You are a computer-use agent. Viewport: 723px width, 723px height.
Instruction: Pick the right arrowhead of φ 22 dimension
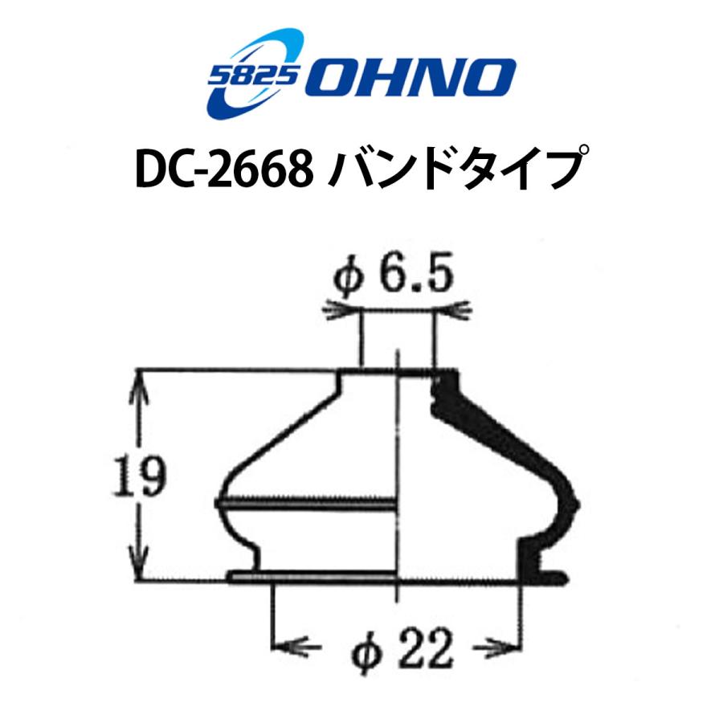[x=504, y=644]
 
